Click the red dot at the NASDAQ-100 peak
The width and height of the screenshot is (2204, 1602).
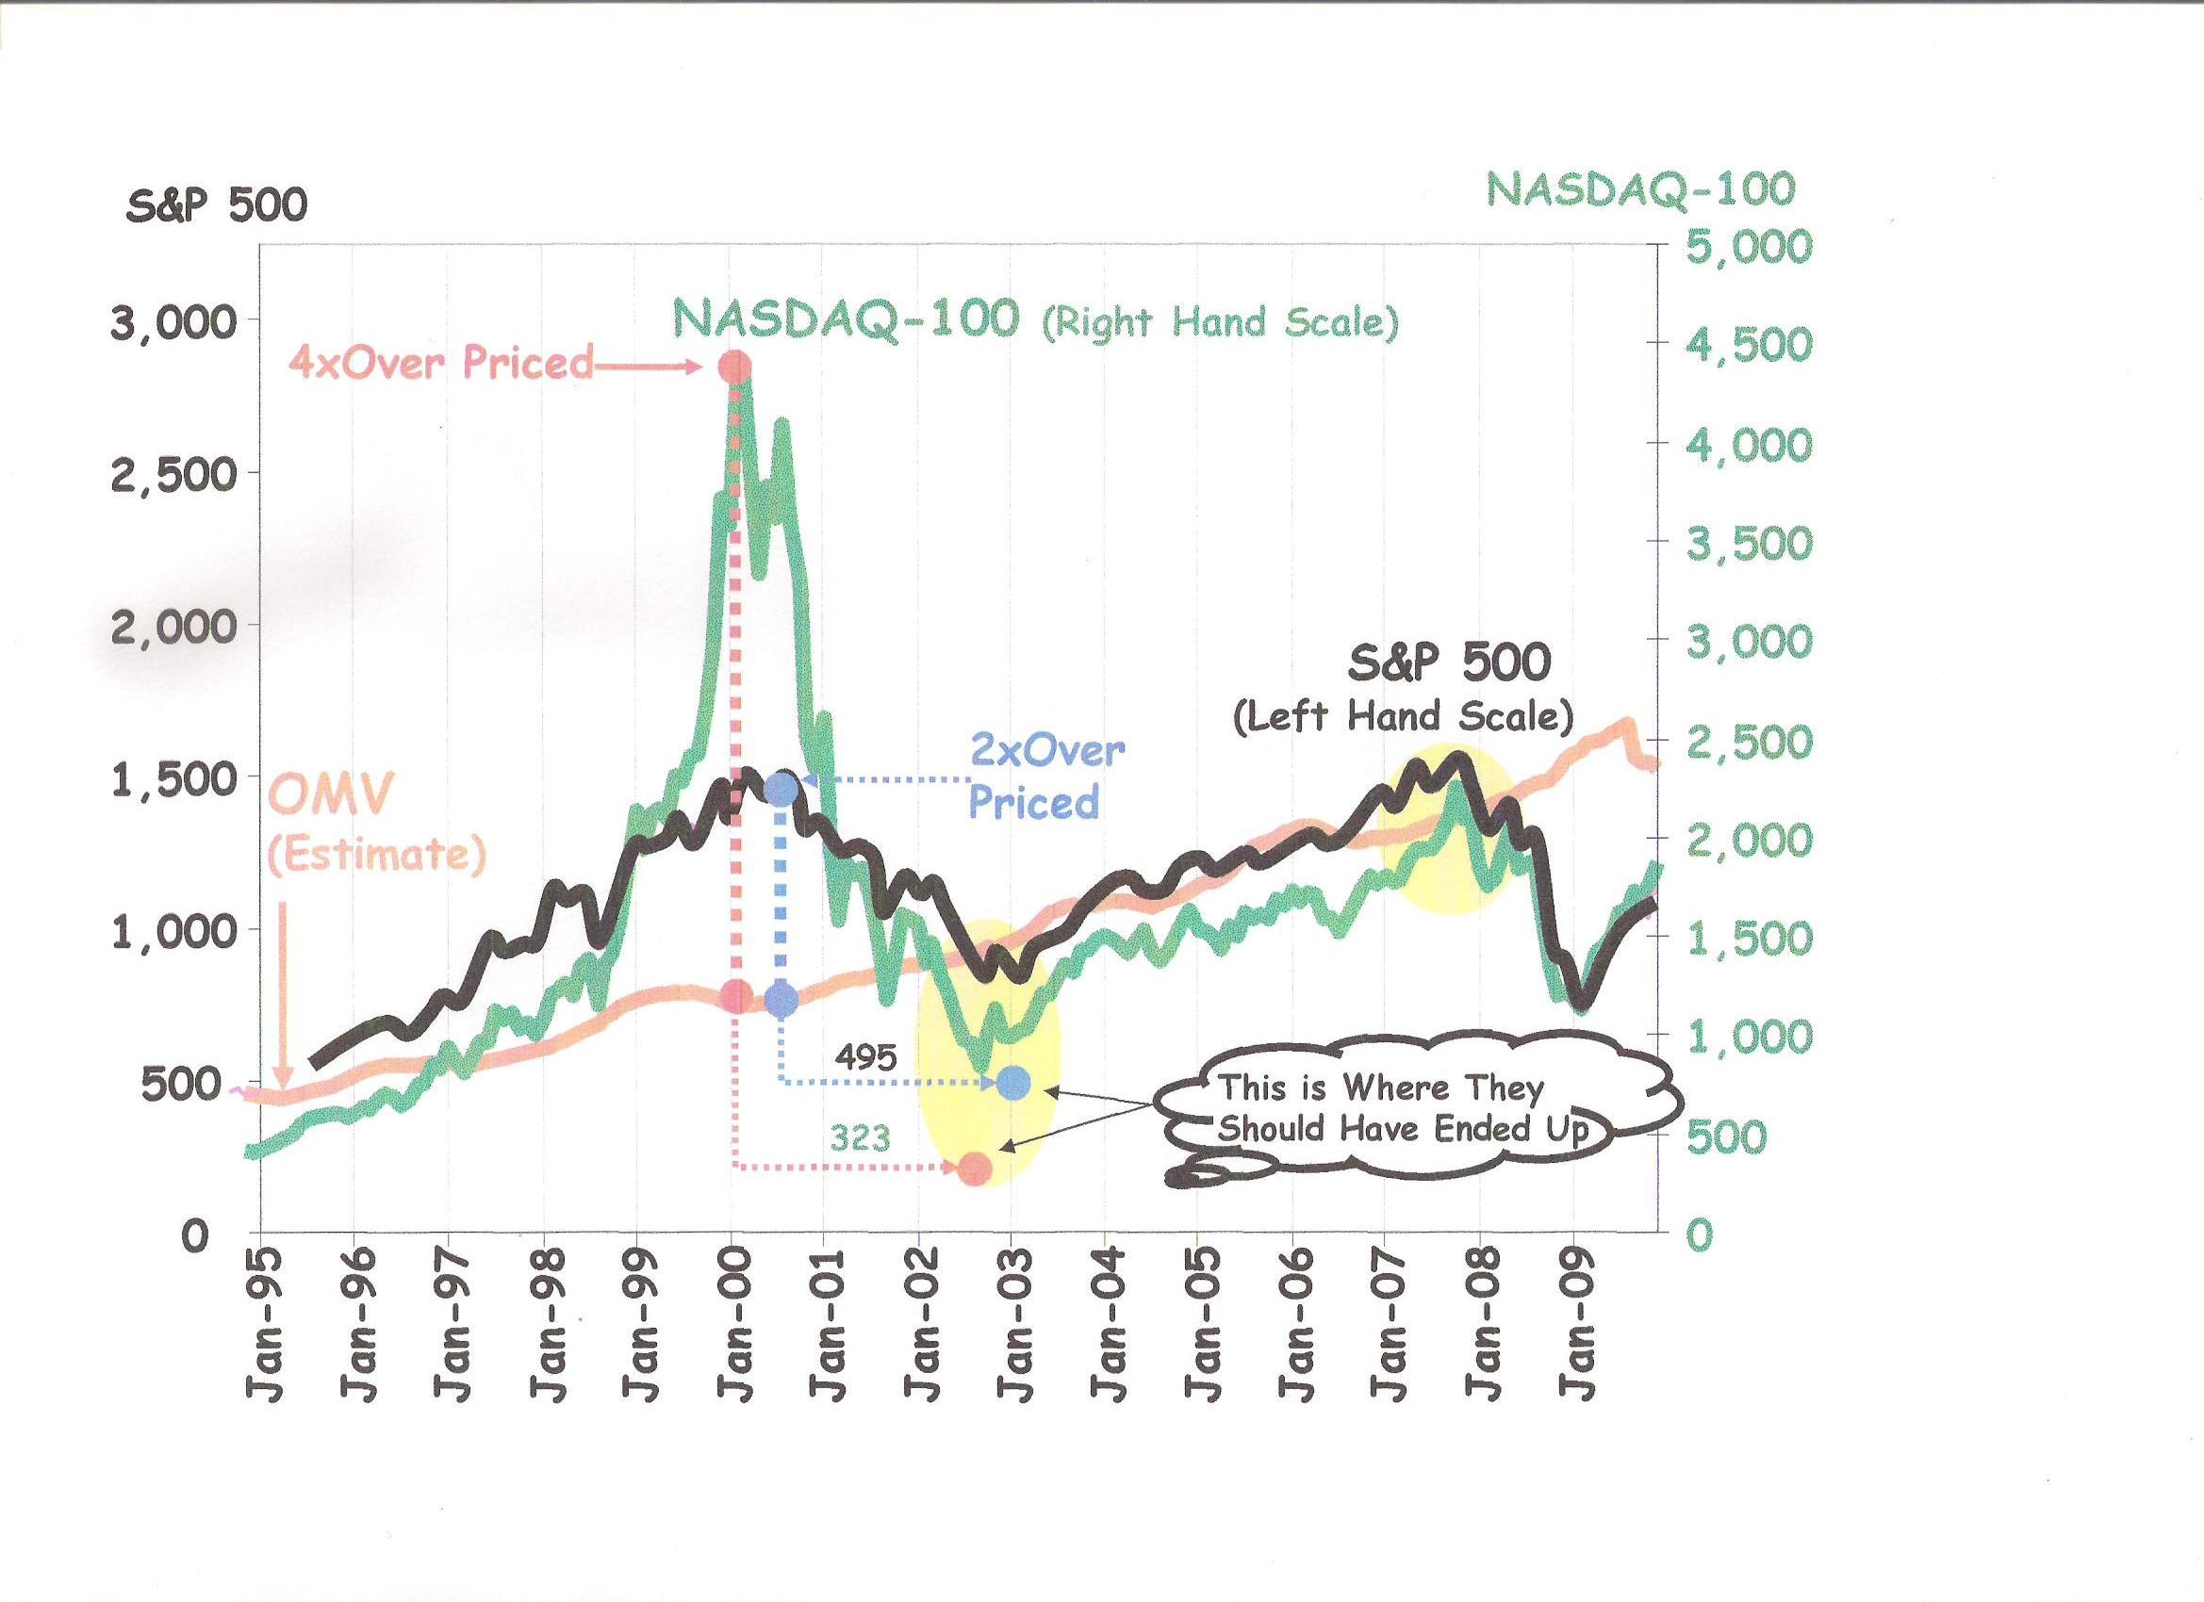click(x=734, y=368)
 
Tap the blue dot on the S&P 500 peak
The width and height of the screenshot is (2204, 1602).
click(x=781, y=789)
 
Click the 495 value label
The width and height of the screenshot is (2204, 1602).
click(x=865, y=1057)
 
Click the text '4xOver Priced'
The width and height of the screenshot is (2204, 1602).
click(x=441, y=364)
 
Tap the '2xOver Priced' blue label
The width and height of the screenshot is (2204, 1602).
click(x=1045, y=777)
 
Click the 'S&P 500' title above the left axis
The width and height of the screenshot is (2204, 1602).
click(x=217, y=206)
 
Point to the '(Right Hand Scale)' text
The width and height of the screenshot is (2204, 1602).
click(x=1221, y=322)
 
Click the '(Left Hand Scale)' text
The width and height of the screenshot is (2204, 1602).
click(x=1403, y=717)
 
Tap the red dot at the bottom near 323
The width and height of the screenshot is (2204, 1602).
click(x=976, y=1169)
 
